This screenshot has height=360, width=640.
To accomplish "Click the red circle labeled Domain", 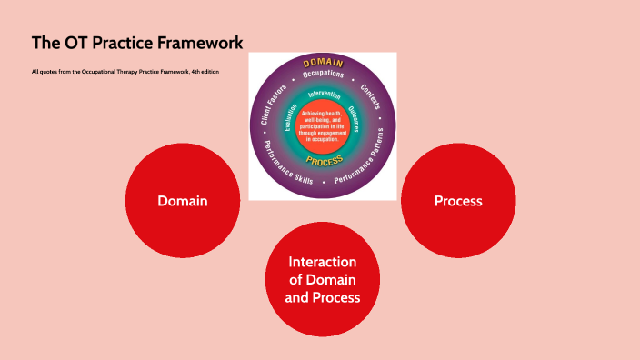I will (x=182, y=201).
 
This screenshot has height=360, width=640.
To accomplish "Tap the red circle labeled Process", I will (x=458, y=201).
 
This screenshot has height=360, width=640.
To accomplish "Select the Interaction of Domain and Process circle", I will (x=323, y=279).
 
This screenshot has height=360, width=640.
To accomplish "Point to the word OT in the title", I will (x=75, y=43).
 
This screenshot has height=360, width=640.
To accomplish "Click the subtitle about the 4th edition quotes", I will (x=125, y=72).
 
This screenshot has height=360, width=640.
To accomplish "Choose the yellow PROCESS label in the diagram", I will (x=324, y=161).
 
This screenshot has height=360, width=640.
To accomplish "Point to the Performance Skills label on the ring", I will (x=288, y=165).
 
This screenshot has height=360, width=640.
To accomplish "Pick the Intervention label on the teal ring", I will (x=324, y=95).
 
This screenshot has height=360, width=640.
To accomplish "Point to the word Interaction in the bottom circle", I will (x=323, y=262).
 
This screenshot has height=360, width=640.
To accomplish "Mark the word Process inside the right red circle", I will (x=458, y=201).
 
